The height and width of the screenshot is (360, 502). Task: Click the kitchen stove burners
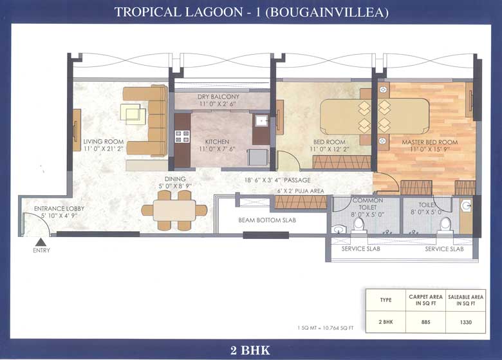182,136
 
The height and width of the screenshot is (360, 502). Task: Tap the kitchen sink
261,121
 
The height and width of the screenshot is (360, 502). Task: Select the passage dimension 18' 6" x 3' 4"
277,180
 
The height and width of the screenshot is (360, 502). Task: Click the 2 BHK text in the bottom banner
250,350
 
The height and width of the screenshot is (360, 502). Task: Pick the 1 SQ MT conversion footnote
326,328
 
